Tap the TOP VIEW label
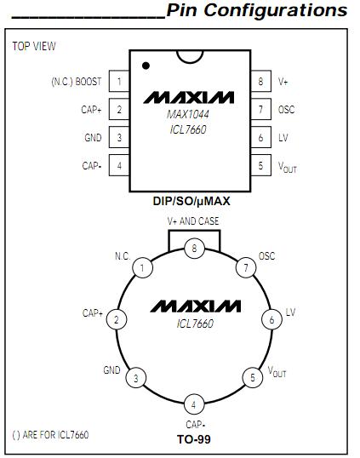coord(34,46)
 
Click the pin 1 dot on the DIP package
coord(146,65)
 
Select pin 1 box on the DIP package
coord(119,82)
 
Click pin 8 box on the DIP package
coord(260,82)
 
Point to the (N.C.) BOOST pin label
coord(76,82)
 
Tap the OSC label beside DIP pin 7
coord(287,110)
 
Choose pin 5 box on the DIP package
coord(260,166)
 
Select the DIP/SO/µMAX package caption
coord(192,202)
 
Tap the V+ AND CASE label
coord(193,221)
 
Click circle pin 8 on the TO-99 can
coord(194,248)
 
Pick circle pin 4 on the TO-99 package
coord(193,404)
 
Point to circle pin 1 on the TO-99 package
coord(144,268)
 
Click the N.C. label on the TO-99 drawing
coord(122,255)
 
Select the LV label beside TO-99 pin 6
coord(290,313)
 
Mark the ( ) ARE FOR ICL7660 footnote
coord(51,435)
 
